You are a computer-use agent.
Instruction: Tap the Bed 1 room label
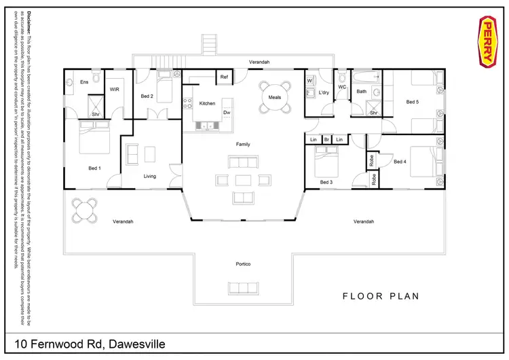[x=94, y=168]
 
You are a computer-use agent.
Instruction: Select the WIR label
[x=115, y=88]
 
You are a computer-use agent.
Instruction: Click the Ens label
[x=84, y=82]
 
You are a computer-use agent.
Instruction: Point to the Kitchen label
[x=207, y=103]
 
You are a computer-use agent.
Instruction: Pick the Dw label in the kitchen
[x=227, y=113]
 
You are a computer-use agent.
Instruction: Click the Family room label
[x=243, y=145]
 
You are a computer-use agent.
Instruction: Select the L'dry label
[x=324, y=94]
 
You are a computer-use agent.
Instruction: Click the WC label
[x=342, y=87]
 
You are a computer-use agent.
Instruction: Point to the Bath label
[x=362, y=91]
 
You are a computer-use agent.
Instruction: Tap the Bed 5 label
[x=413, y=102]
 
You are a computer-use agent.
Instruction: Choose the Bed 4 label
[x=400, y=162]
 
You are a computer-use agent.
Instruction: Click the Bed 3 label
[x=326, y=182]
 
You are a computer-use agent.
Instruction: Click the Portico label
[x=244, y=264]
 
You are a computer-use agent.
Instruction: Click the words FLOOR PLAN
[x=381, y=296]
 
